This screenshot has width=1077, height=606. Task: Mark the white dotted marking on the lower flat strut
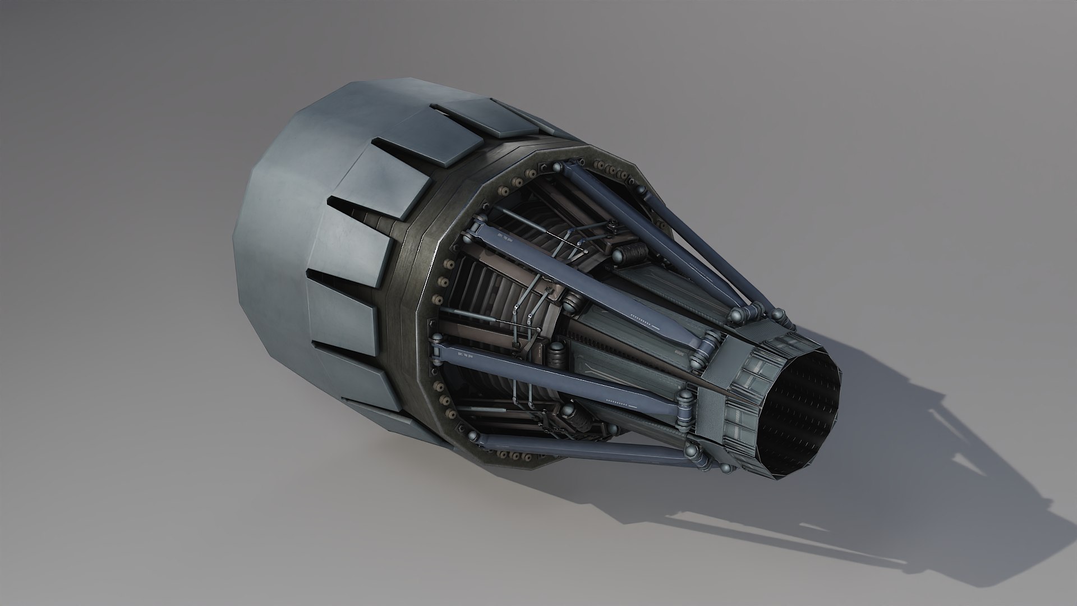pyautogui.click(x=620, y=402)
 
